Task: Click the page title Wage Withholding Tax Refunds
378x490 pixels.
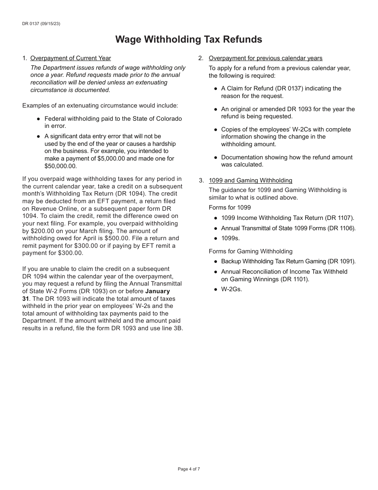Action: [189, 39]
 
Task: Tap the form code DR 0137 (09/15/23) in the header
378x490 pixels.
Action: [41, 24]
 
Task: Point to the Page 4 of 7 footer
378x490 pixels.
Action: [189, 469]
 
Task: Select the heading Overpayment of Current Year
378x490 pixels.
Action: [70, 58]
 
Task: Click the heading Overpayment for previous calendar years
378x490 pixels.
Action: [265, 58]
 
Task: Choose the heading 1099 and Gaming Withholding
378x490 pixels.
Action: [250, 180]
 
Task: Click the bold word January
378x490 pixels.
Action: [157, 291]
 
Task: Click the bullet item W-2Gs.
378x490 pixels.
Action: [231, 289]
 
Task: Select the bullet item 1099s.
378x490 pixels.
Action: [230, 238]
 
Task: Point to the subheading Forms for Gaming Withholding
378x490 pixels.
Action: [250, 251]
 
